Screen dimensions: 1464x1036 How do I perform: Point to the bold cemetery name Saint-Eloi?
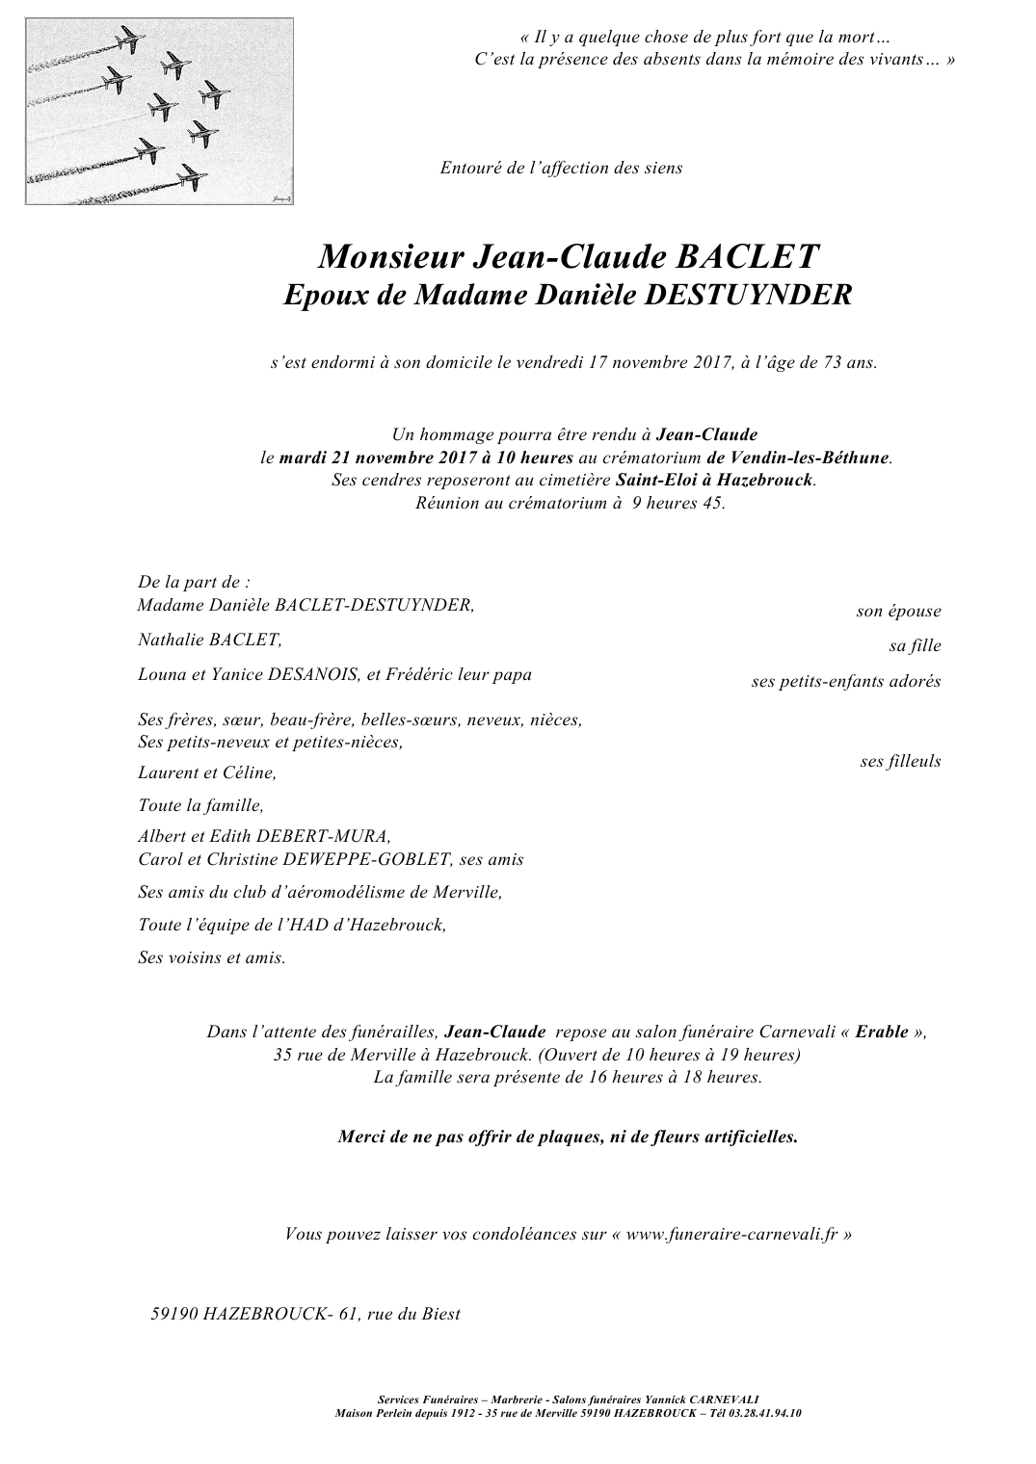pos(654,480)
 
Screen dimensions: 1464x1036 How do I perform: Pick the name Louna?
pos(162,674)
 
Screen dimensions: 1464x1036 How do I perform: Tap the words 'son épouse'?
pos(898,611)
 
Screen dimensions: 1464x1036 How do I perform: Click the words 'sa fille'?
pos(915,645)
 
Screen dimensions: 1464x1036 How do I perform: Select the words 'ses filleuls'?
pos(900,761)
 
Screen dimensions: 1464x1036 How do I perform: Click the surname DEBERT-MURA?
pos(333,836)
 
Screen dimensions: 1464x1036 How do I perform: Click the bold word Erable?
pos(881,1032)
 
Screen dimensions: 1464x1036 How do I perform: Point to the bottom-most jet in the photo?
pos(190,175)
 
